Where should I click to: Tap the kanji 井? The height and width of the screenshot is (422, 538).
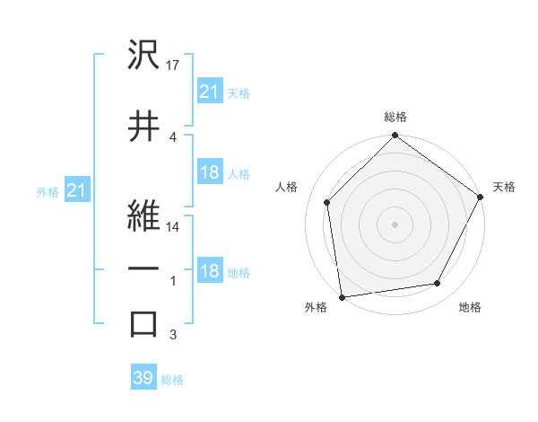143,127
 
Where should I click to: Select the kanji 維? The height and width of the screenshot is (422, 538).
143,216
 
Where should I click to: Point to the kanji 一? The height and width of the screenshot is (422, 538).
143,269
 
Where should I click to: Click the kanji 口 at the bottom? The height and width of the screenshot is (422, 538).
143,323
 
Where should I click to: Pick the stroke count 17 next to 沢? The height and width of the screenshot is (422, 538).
174,66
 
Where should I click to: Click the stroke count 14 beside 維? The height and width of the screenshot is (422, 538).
174,227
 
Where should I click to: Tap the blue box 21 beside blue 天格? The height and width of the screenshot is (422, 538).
209,91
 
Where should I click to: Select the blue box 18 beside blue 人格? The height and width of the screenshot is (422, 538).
209,172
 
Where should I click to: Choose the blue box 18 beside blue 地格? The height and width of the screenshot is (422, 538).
209,272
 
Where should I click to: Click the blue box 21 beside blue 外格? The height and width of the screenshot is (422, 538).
76,190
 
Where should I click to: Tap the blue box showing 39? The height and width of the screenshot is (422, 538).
143,378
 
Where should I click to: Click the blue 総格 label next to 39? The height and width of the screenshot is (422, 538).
172,380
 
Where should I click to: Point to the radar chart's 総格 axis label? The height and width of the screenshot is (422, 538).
395,118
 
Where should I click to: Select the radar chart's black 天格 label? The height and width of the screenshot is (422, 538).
504,187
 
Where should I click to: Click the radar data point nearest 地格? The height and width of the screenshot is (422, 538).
438,284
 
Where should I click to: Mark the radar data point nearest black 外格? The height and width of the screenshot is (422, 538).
342,296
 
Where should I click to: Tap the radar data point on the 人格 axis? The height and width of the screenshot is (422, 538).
327,202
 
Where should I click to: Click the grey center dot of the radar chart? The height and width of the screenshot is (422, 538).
395,224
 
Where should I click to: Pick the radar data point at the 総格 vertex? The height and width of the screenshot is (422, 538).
395,136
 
